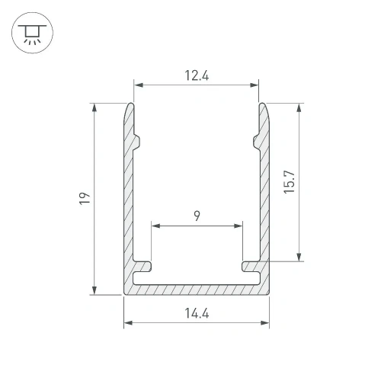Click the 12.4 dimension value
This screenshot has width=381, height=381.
tap(197, 75)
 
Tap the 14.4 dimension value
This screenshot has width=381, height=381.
tap(197, 313)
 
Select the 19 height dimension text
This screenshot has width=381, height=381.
tap(85, 198)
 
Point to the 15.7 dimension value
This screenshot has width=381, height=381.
tap(289, 182)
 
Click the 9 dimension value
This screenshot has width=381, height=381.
tap(197, 216)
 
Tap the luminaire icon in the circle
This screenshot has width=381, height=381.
tap(32, 34)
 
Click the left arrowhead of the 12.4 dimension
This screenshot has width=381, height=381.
tap(139, 85)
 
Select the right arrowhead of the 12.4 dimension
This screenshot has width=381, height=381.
tap(254, 85)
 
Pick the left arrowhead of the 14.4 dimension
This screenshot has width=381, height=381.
tap(128, 323)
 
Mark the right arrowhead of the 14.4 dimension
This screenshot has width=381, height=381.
tap(265, 323)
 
